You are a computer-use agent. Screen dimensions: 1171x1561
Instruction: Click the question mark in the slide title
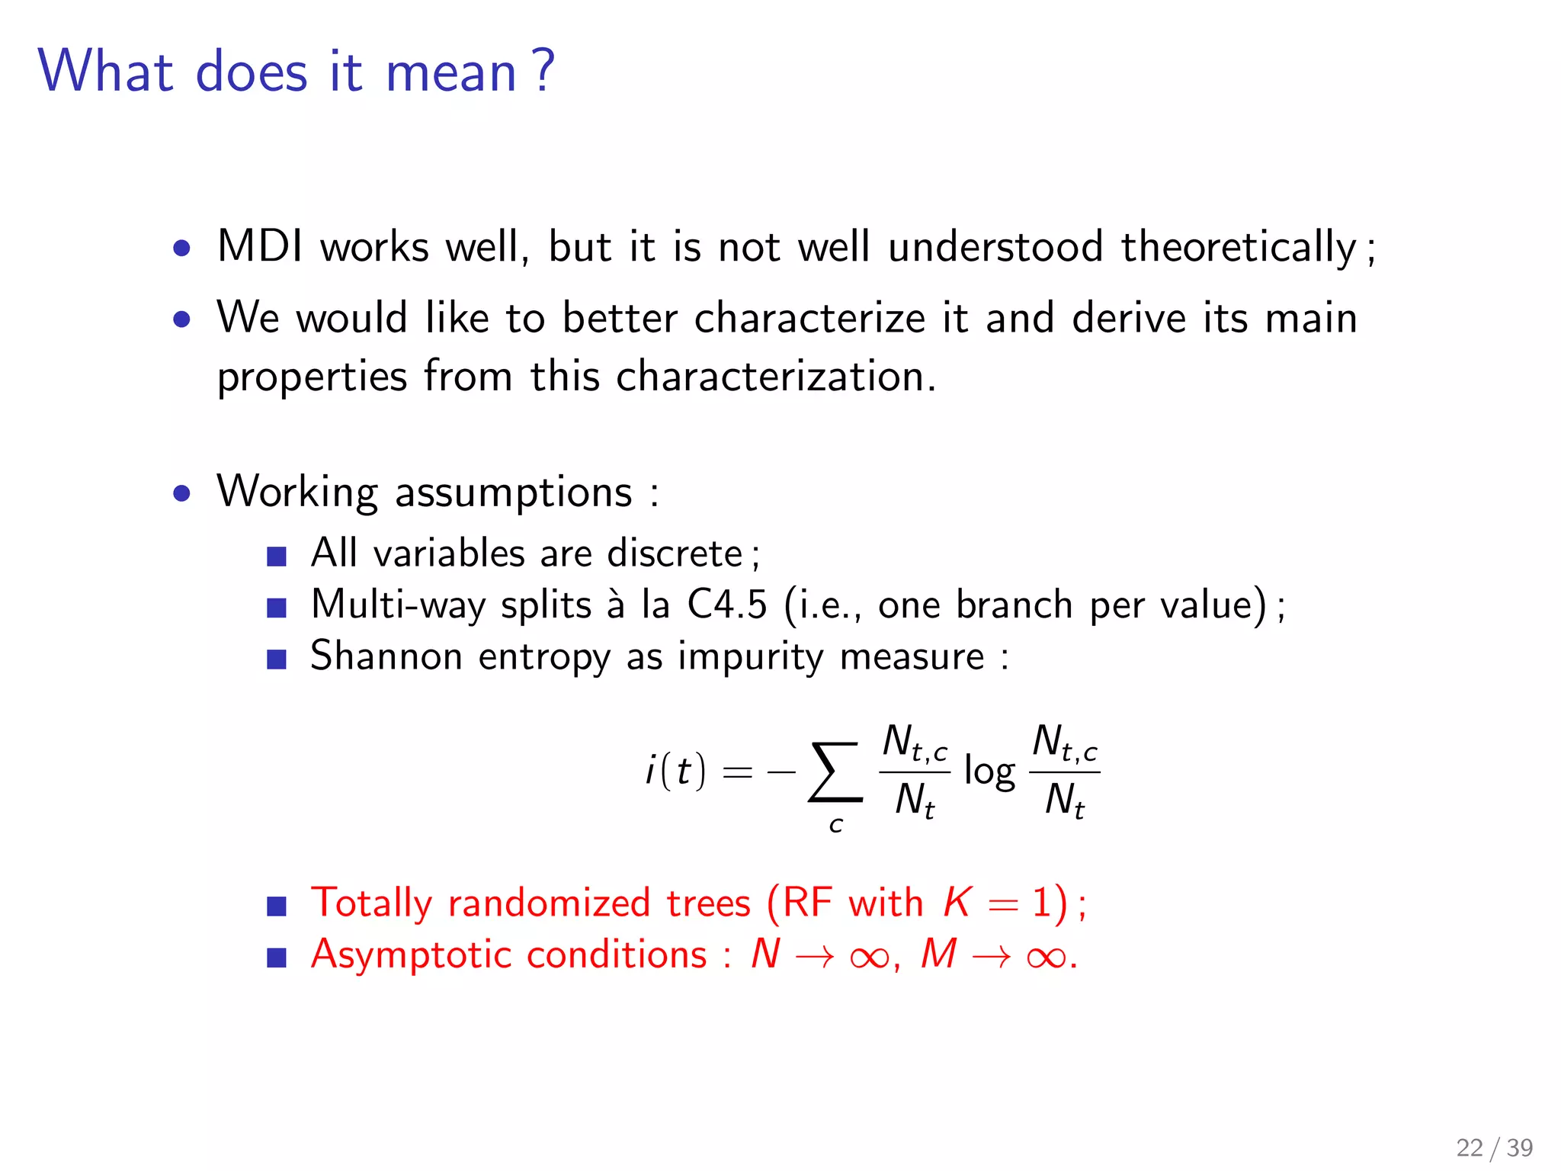[x=543, y=71]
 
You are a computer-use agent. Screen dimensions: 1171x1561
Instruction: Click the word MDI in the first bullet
[x=259, y=247]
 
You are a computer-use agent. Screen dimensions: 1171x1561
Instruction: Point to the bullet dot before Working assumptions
[x=181, y=493]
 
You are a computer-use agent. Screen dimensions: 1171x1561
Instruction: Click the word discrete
[x=675, y=553]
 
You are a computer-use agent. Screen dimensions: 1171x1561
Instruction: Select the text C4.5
[x=726, y=605]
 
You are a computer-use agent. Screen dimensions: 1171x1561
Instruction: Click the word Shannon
[x=386, y=656]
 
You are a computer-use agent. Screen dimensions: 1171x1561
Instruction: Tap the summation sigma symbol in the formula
[x=835, y=772]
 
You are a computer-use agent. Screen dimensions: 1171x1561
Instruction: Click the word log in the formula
[x=989, y=772]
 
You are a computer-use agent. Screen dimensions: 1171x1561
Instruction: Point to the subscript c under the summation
[x=835, y=826]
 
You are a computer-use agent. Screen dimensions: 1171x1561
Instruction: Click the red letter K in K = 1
[x=957, y=903]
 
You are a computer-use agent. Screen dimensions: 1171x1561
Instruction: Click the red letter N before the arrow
[x=765, y=954]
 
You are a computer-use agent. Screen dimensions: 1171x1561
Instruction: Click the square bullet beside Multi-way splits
[x=277, y=608]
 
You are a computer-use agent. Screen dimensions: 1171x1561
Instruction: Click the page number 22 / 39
[x=1494, y=1147]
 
